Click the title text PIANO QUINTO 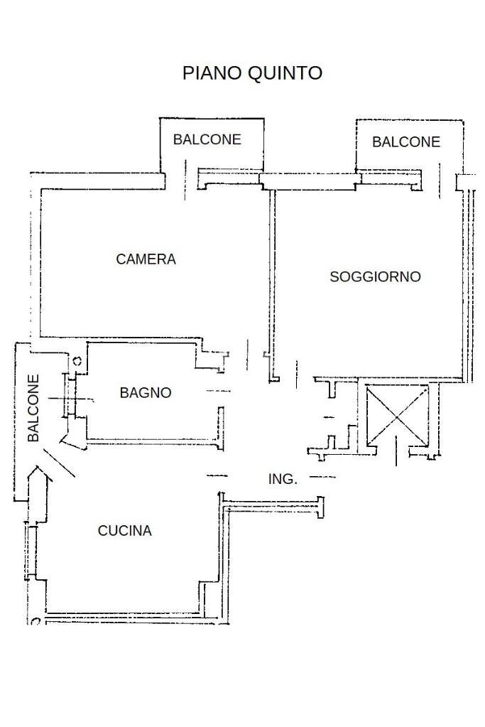pyautogui.click(x=252, y=72)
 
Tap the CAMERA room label pyautogui.click(x=146, y=259)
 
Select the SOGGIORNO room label pyautogui.click(x=375, y=276)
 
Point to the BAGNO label pyautogui.click(x=146, y=392)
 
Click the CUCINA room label pyautogui.click(x=124, y=531)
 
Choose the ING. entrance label pyautogui.click(x=283, y=480)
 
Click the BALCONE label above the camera pyautogui.click(x=207, y=139)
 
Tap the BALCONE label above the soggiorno pyautogui.click(x=406, y=142)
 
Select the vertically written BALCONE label pyautogui.click(x=34, y=409)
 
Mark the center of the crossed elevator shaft pyautogui.click(x=397, y=414)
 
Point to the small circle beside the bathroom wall pyautogui.click(x=77, y=361)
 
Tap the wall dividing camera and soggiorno pyautogui.click(x=272, y=284)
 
